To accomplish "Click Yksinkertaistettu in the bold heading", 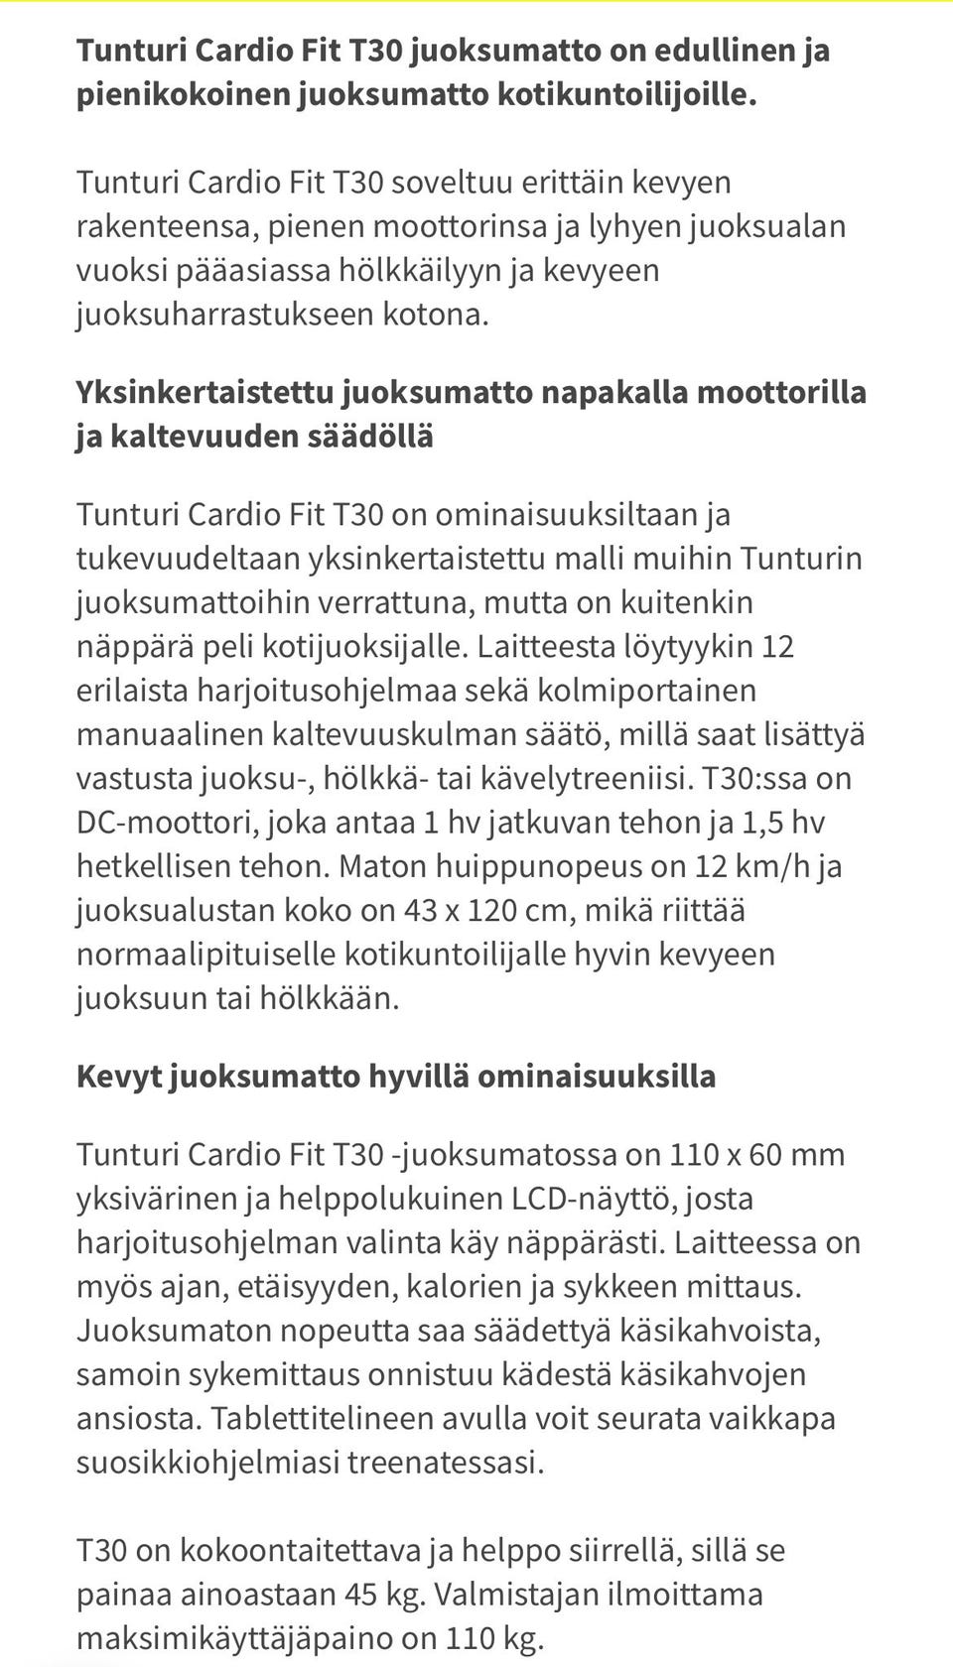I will click(x=204, y=392).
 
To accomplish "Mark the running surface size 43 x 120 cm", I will click(x=486, y=910).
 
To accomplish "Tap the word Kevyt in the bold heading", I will click(x=118, y=1077).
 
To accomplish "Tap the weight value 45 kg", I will click(x=385, y=1595).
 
